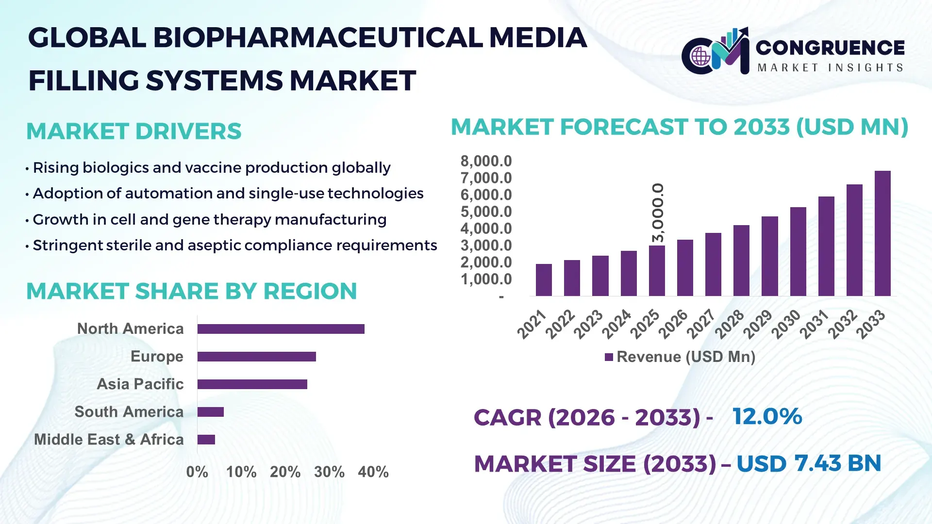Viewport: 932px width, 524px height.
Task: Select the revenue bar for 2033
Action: click(x=882, y=233)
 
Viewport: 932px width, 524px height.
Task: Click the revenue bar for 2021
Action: click(x=544, y=280)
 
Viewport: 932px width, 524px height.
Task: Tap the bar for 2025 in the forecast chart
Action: click(x=657, y=271)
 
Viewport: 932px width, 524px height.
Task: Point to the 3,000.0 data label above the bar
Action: click(x=658, y=213)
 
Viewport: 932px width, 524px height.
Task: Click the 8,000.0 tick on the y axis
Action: click(x=486, y=161)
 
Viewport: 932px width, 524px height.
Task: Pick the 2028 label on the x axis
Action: click(x=729, y=324)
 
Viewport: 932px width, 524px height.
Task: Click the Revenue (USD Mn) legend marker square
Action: click(x=609, y=358)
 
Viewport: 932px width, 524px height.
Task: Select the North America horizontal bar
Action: click(x=281, y=329)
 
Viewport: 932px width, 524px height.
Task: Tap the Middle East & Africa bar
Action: click(x=206, y=440)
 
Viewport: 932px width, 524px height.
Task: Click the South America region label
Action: click(x=129, y=412)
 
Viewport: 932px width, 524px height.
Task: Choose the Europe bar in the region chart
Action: click(x=256, y=357)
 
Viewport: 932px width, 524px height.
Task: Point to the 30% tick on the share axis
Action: click(x=329, y=472)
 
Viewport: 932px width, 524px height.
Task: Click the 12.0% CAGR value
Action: click(x=767, y=416)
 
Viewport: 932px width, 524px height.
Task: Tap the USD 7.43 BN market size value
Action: click(x=808, y=463)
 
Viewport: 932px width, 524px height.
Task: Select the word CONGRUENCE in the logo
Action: click(x=830, y=48)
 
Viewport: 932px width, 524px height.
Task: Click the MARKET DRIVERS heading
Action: click(x=133, y=131)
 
